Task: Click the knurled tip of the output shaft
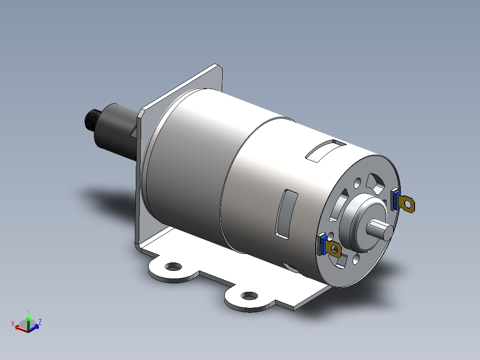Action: tap(93, 120)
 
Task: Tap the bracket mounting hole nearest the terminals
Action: tap(249, 295)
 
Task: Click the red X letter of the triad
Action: tap(13, 323)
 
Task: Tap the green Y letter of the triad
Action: tap(28, 312)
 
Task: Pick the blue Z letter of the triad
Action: tap(40, 321)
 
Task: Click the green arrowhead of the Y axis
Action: tap(28, 319)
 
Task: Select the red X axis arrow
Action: tap(20, 328)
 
